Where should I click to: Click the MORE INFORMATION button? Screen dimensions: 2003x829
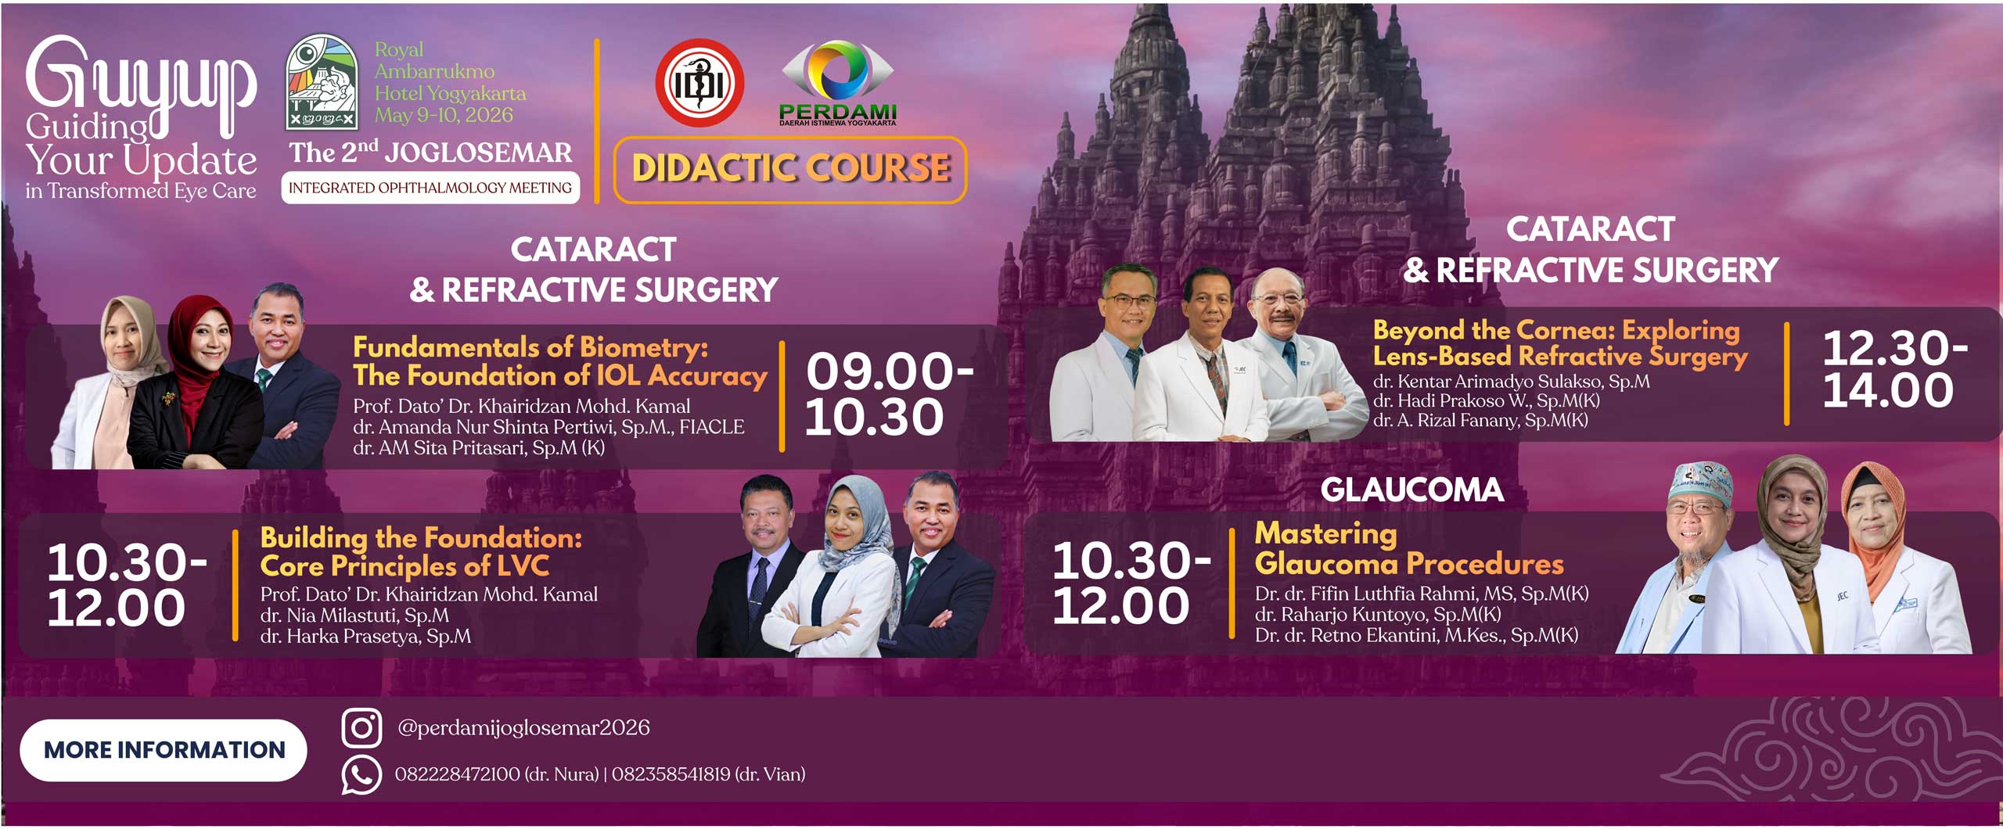pos(164,750)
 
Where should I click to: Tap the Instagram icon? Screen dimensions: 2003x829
pos(361,728)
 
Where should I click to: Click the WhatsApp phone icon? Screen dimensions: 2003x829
pos(361,775)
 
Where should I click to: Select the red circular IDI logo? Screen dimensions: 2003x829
pos(699,83)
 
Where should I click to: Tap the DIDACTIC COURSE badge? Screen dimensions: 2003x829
pos(790,170)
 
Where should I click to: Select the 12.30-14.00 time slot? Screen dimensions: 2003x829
pos(1894,368)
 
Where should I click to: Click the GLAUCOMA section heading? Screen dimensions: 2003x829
pos(1412,490)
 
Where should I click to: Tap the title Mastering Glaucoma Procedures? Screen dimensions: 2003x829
pos(1408,548)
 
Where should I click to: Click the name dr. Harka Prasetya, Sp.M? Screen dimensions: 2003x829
pos(365,637)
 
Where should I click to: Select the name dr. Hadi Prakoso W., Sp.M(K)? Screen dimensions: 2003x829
pos(1487,401)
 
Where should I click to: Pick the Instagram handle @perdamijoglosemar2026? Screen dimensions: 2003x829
pos(523,728)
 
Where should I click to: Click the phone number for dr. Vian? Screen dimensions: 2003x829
pos(708,774)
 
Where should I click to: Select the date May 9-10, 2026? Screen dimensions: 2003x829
pos(444,115)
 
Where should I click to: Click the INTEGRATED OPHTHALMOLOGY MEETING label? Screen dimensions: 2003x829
pos(430,188)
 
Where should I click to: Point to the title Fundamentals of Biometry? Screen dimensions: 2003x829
pos(530,346)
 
